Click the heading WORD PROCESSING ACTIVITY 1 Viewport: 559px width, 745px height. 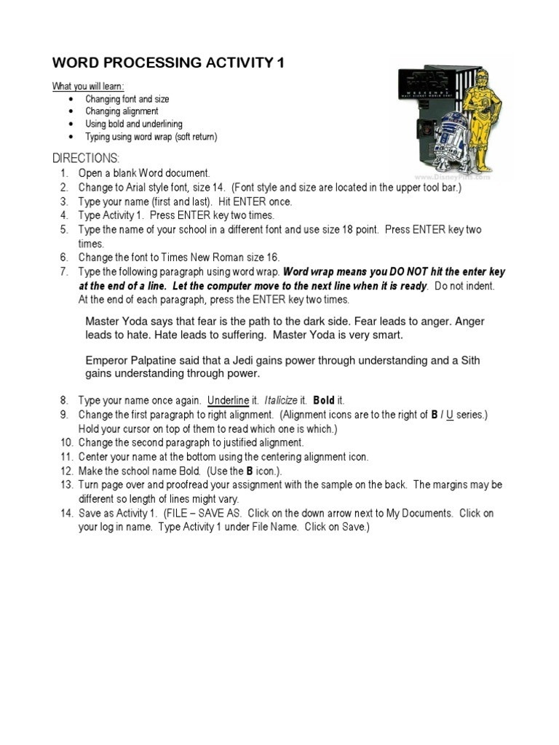coord(168,63)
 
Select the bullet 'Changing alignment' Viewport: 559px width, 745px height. coord(122,111)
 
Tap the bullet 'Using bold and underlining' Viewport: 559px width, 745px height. coord(134,124)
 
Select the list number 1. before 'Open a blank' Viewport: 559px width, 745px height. coord(64,173)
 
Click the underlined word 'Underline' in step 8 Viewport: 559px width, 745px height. coord(229,401)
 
